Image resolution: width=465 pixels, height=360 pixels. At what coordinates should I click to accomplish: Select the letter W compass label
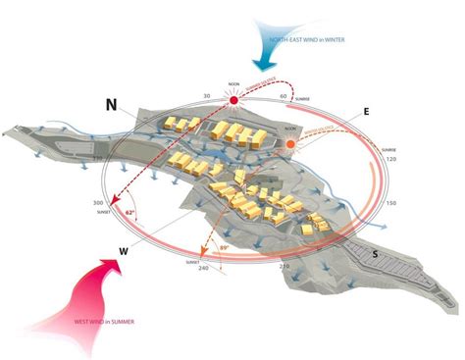[x=125, y=251]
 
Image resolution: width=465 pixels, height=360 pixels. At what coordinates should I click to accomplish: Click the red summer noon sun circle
[x=234, y=101]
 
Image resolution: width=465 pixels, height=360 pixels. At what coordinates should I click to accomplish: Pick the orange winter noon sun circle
[x=291, y=145]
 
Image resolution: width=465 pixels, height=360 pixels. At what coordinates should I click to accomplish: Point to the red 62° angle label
[x=129, y=209]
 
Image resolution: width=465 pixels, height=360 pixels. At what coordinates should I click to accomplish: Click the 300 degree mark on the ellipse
[x=99, y=203]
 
